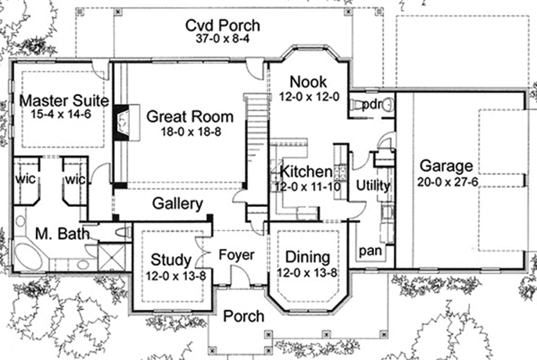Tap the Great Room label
click(190, 116)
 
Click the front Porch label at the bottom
click(241, 316)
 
